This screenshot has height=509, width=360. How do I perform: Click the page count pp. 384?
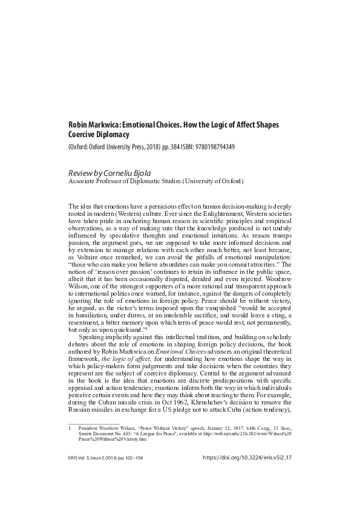pos(166,147)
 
